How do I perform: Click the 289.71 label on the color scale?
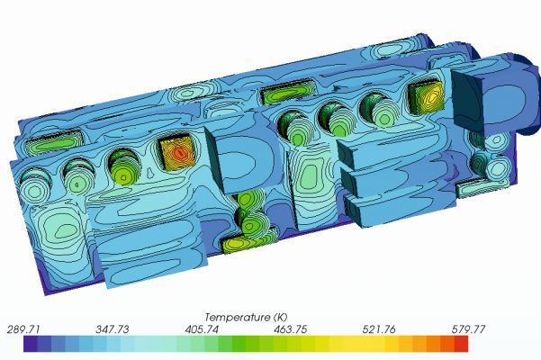(24, 329)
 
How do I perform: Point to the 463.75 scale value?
(290, 329)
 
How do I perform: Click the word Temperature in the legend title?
(237, 317)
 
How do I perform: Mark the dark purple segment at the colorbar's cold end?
(30, 344)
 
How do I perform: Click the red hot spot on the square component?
(180, 154)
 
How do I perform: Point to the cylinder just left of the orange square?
(377, 109)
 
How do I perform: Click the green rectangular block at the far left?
(50, 143)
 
